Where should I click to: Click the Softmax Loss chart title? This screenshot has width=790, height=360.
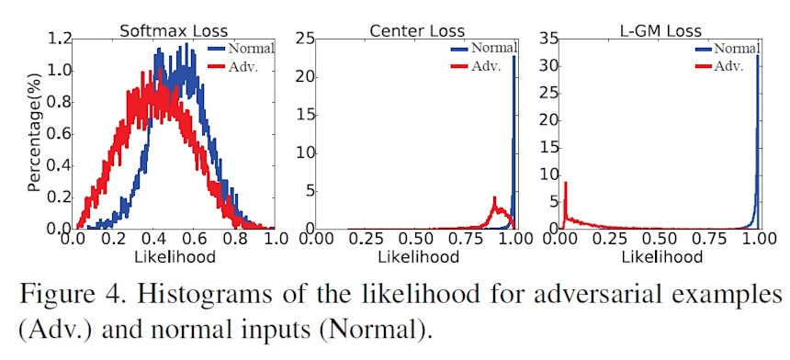point(173,29)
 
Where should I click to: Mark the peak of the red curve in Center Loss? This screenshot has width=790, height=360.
point(494,198)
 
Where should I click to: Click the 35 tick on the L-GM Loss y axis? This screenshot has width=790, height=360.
point(549,39)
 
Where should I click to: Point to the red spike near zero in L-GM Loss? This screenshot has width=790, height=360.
point(566,184)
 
